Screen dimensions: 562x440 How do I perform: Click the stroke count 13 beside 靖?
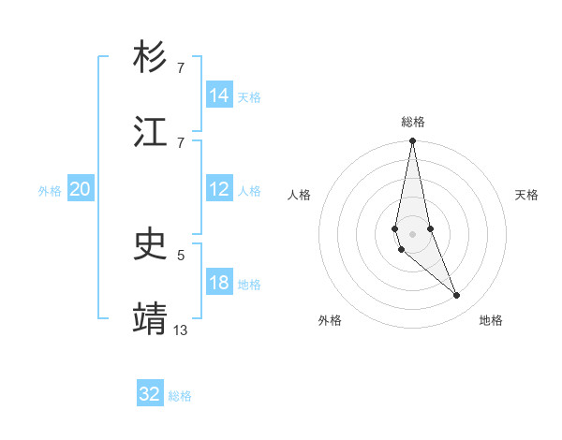(x=181, y=330)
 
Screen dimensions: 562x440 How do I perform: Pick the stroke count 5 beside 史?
(x=181, y=254)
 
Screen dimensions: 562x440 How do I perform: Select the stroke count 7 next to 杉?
(x=181, y=67)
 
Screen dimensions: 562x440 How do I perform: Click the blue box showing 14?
(x=219, y=95)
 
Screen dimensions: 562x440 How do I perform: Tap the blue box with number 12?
(x=219, y=189)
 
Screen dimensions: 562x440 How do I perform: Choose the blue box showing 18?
(x=219, y=283)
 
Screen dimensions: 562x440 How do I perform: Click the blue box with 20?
(x=81, y=189)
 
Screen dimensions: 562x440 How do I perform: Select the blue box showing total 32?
(x=150, y=394)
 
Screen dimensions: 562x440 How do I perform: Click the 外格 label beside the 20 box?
(x=50, y=191)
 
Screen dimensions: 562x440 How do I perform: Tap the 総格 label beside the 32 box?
(x=180, y=396)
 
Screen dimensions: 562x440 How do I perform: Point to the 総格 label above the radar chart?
(x=413, y=122)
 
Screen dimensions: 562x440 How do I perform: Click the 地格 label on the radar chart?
(x=491, y=320)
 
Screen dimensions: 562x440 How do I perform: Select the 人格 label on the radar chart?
(x=300, y=195)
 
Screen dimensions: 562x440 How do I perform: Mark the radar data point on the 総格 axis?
(x=412, y=141)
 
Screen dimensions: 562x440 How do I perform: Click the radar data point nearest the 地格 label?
(x=457, y=296)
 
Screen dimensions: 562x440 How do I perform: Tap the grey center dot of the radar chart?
(x=412, y=234)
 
